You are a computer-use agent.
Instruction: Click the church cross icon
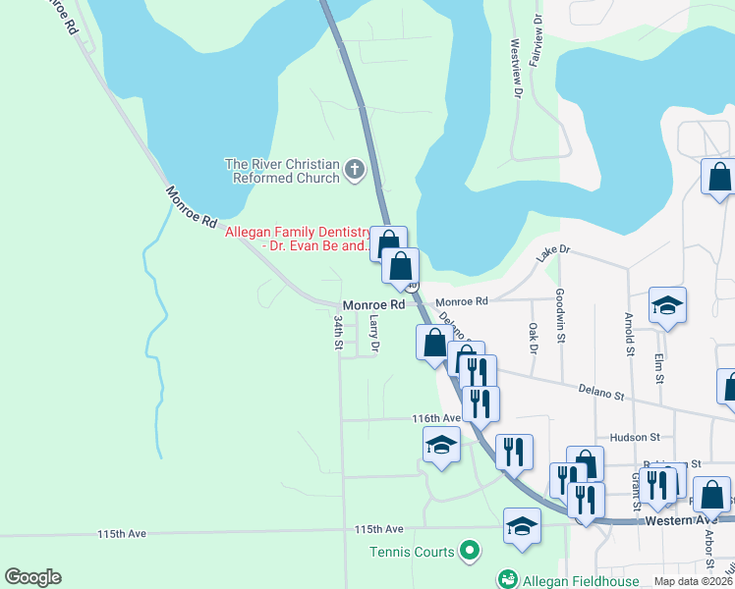coord(354,172)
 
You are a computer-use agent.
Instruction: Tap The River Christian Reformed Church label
coord(282,172)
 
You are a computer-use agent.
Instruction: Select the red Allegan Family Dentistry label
coord(298,239)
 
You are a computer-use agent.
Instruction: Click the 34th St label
coord(338,333)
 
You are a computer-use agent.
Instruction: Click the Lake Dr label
coord(552,253)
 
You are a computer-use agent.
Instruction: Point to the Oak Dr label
coord(534,338)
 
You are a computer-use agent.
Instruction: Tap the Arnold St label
coord(628,336)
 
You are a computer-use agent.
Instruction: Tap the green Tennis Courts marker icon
coord(469,552)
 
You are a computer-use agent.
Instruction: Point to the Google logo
coord(32,577)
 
